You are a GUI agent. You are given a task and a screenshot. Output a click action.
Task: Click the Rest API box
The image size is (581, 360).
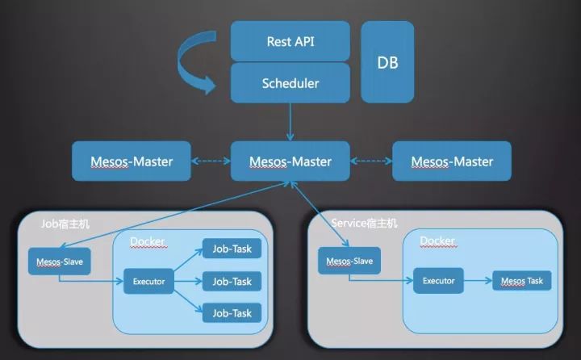point(290,41)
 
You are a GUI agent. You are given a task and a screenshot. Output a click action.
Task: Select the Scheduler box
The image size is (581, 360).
point(290,82)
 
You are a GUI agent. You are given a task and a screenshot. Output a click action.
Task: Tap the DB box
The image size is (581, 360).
point(387,62)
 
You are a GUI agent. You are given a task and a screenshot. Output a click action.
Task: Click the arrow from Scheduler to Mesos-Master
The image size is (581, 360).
point(290,122)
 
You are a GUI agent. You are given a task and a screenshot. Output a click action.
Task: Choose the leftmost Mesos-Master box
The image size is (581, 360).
point(132,161)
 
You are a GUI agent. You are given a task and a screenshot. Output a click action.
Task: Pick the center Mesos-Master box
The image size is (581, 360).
point(290,161)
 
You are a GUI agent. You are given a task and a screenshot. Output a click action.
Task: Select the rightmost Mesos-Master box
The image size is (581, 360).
point(452,161)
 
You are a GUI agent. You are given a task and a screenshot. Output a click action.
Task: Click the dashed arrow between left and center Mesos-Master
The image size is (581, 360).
point(211,161)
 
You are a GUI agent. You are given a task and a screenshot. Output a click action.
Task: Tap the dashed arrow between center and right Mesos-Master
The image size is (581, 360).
point(371,161)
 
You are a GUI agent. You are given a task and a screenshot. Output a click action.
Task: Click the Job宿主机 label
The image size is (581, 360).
point(65,224)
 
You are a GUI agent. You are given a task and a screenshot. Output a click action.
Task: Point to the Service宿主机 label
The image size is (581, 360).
point(364,224)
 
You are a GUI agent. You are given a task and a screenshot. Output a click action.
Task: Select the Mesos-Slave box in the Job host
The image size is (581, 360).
point(59,262)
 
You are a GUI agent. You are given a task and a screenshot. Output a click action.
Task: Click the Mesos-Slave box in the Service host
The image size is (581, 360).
point(349,261)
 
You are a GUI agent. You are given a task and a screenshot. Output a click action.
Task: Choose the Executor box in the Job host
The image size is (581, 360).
point(148,282)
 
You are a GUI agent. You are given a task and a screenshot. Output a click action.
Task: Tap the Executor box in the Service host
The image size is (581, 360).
point(438,281)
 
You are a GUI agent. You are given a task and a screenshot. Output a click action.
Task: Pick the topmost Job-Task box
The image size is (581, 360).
point(232,249)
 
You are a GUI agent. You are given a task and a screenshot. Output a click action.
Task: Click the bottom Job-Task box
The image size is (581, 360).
point(232,313)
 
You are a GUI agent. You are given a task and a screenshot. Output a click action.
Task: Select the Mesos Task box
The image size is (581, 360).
point(522,281)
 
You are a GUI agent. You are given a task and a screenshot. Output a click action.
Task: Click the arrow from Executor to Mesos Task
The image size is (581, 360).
point(478,281)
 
